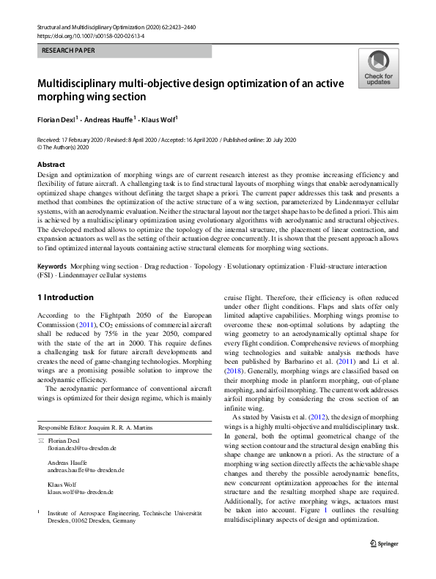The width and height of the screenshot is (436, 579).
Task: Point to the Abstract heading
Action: pos(51,165)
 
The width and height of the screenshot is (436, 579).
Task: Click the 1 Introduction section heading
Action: pos(65,297)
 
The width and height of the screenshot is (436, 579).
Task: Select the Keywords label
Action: pos(52,266)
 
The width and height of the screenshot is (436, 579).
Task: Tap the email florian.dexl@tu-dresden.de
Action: pos(81,447)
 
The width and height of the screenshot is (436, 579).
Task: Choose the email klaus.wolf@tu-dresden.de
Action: pos(81,493)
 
